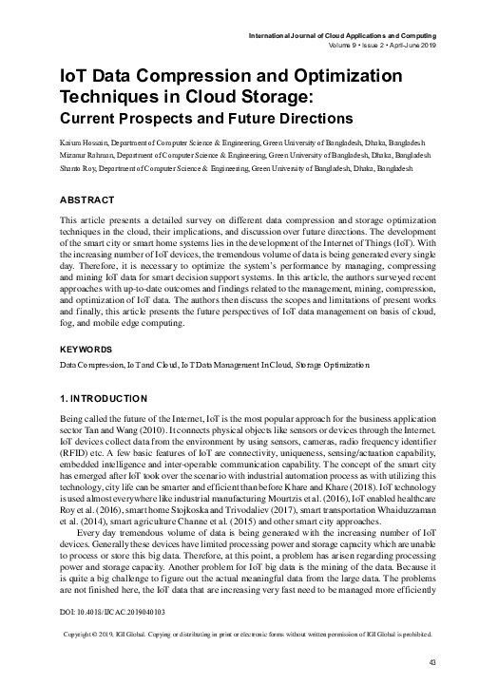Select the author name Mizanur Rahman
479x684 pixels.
coord(92,152)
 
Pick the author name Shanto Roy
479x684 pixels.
coord(83,166)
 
